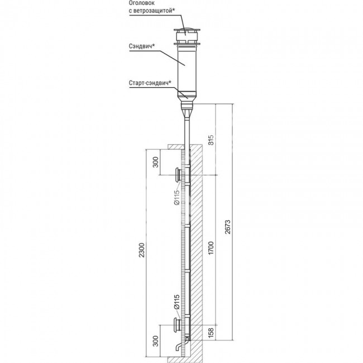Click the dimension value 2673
point(228,227)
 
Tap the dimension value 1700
point(211,248)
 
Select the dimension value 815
point(211,140)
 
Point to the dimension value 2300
point(141,250)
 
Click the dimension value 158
point(211,332)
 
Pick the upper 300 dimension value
point(156,162)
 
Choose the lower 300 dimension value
point(156,341)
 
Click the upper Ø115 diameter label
point(176,197)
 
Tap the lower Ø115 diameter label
point(176,302)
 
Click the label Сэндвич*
point(142,46)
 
